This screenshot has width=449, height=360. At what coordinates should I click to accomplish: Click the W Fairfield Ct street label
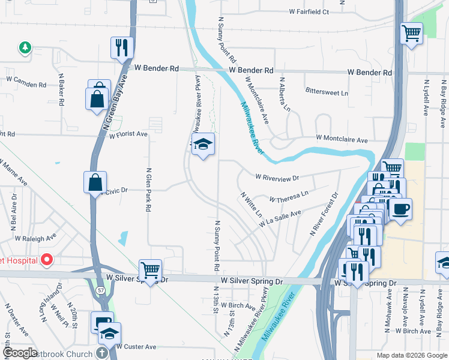click(x=309, y=11)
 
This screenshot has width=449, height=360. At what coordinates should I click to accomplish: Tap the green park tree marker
click(x=25, y=47)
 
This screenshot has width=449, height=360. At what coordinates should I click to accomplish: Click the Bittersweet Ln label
click(x=327, y=93)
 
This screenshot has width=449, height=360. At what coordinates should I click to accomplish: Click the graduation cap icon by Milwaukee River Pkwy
click(x=203, y=145)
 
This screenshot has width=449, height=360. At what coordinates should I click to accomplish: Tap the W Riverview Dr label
click(x=277, y=177)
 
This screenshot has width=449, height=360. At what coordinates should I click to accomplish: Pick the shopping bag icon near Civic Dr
click(x=96, y=182)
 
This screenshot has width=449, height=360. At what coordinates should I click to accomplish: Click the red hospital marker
click(x=47, y=260)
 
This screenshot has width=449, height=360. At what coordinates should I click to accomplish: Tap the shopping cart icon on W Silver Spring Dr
click(x=149, y=271)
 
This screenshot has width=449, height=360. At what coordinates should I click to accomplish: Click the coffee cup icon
click(x=401, y=209)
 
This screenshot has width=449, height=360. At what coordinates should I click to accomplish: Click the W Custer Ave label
click(x=136, y=347)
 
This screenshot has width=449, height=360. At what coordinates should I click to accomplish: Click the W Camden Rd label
click(x=26, y=82)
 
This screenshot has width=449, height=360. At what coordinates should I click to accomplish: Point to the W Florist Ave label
click(x=128, y=135)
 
